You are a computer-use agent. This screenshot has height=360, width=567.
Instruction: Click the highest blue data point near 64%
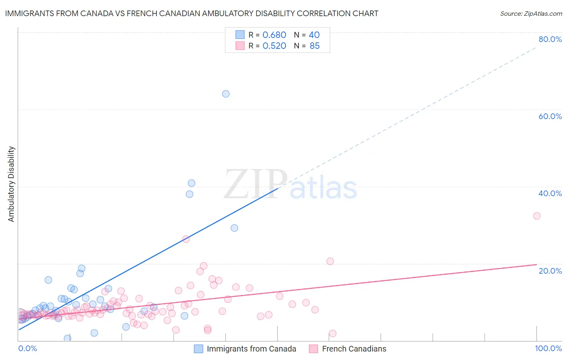(226, 94)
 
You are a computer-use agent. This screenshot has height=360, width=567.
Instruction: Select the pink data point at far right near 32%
(537, 216)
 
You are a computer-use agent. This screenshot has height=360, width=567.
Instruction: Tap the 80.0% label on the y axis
(550, 39)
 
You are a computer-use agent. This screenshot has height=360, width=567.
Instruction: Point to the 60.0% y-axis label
(550, 116)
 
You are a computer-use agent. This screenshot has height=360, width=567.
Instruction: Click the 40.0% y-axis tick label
(550, 193)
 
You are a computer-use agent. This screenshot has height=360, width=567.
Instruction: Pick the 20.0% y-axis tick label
(550, 271)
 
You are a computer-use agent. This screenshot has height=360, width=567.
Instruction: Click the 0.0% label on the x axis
(28, 348)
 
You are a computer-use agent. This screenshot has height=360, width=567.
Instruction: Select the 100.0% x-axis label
(548, 348)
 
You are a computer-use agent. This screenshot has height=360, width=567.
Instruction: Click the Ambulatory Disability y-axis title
(11, 184)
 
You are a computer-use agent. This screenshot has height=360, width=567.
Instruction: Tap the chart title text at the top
(192, 13)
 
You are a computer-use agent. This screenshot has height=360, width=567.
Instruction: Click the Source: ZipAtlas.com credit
(531, 14)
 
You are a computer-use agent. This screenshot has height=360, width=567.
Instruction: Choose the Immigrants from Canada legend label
(251, 349)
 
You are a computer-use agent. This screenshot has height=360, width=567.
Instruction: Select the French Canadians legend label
(354, 349)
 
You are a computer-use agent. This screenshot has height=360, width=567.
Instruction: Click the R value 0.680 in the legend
(274, 35)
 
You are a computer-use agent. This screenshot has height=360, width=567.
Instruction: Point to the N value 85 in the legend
(315, 46)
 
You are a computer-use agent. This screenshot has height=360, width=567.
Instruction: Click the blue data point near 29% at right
(234, 228)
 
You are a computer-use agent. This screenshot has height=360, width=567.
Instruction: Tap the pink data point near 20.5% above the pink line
(330, 261)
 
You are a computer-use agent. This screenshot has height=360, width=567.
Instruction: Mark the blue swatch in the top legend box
(240, 35)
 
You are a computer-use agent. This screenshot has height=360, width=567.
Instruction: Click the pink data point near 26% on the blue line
(186, 239)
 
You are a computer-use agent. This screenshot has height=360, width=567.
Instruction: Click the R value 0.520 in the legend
(274, 46)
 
